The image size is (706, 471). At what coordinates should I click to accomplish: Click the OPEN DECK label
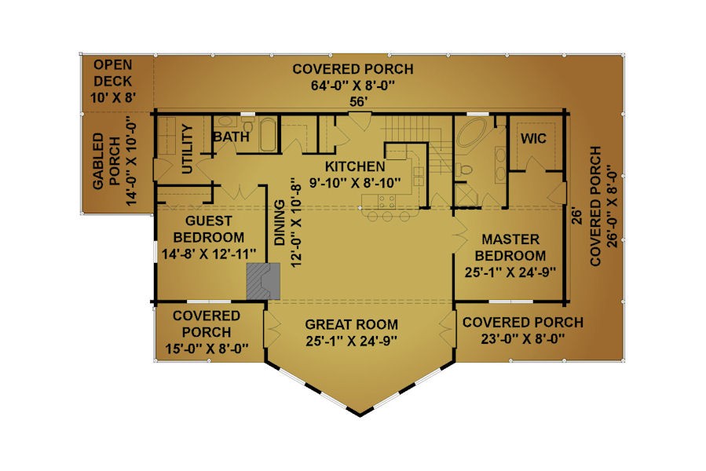click(x=112, y=73)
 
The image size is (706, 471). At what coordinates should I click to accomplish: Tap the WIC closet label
click(x=533, y=139)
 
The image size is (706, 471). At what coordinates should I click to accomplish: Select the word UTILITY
click(x=188, y=149)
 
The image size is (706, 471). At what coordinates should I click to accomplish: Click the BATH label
click(x=231, y=137)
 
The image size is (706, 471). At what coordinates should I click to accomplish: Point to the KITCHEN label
click(x=355, y=166)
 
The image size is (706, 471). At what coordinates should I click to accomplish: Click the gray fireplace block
click(x=263, y=281)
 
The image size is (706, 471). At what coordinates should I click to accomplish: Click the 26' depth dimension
click(x=576, y=215)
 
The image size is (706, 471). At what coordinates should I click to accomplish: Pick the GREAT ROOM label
click(x=352, y=324)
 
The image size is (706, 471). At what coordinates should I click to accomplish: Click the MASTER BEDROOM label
click(x=510, y=247)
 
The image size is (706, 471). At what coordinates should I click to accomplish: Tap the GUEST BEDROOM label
click(x=209, y=229)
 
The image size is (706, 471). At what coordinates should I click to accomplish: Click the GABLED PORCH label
click(x=106, y=161)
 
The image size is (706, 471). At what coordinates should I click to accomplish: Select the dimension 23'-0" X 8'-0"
click(x=523, y=338)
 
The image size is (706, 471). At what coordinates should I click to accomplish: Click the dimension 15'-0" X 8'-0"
click(x=207, y=349)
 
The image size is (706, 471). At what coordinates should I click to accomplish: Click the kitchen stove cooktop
click(x=386, y=201)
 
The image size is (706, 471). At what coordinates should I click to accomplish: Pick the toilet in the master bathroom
click(x=464, y=170)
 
